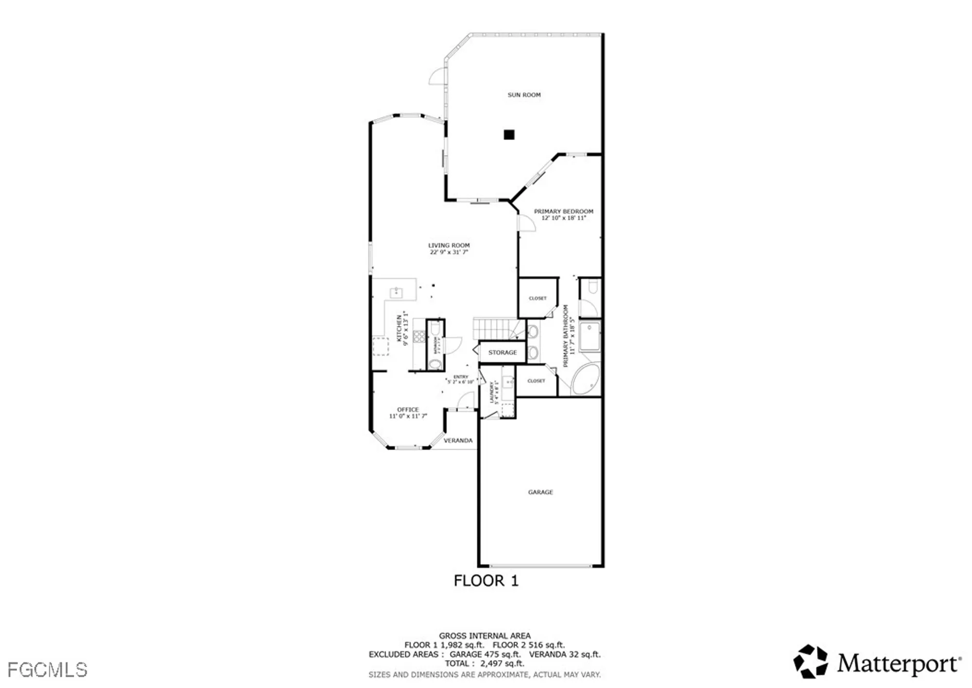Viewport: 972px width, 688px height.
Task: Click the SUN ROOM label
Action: click(524, 95)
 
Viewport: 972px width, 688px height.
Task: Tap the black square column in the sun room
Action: click(509, 135)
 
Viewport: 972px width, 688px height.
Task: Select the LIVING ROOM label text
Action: click(449, 245)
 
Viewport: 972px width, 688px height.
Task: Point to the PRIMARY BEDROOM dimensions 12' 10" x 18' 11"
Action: click(564, 218)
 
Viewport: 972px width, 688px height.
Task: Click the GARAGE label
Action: click(540, 492)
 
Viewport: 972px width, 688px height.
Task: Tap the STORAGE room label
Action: click(503, 352)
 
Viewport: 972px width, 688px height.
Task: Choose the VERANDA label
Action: click(458, 440)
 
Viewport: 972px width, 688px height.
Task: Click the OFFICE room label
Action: click(408, 410)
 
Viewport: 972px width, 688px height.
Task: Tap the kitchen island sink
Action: click(396, 292)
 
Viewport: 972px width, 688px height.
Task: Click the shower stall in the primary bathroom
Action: click(590, 336)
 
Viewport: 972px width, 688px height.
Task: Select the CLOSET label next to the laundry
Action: click(536, 381)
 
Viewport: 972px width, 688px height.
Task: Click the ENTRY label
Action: click(461, 377)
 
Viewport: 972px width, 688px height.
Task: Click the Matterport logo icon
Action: click(810, 662)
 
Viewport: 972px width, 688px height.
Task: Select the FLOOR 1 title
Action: click(486, 580)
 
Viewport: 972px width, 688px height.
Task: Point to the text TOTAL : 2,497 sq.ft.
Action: click(485, 663)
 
